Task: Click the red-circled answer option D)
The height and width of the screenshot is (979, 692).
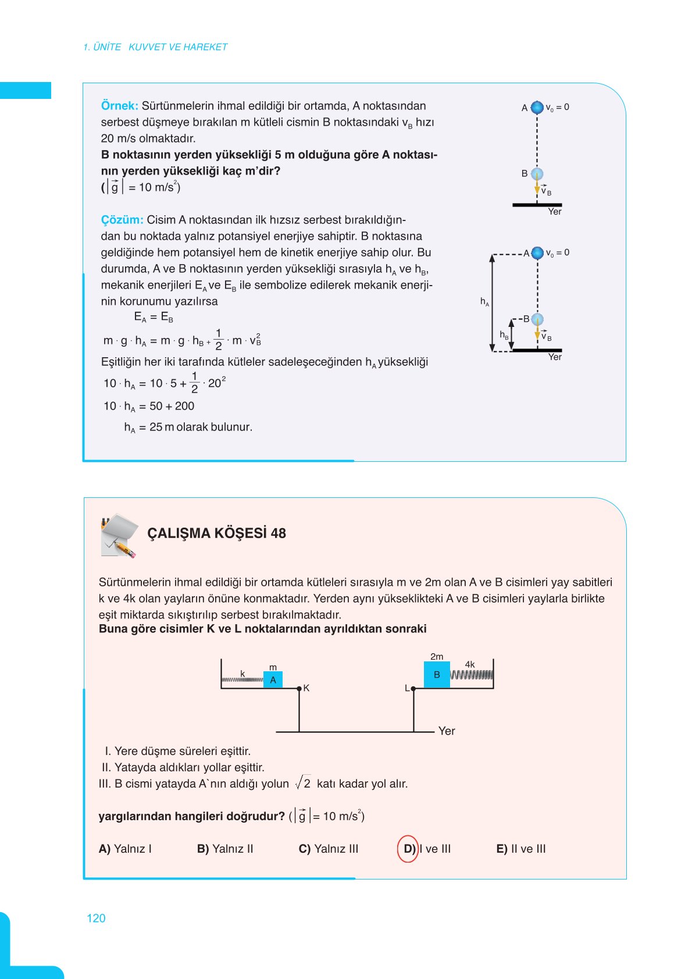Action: click(x=408, y=849)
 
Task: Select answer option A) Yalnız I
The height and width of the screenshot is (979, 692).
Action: click(x=125, y=849)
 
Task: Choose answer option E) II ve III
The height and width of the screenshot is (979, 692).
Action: click(x=520, y=849)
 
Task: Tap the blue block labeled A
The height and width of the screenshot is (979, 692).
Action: click(x=273, y=679)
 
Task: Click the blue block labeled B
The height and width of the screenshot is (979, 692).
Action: click(x=437, y=675)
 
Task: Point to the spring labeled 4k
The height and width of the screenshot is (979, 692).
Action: click(x=472, y=675)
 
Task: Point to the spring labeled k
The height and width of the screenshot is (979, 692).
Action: click(x=242, y=679)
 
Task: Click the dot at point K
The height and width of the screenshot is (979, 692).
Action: click(x=299, y=689)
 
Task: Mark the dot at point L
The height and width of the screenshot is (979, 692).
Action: click(x=413, y=689)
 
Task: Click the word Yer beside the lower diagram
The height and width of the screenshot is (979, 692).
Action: click(x=447, y=731)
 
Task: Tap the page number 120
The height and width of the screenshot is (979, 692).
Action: click(x=96, y=918)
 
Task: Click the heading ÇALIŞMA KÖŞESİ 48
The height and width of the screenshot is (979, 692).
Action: click(x=216, y=533)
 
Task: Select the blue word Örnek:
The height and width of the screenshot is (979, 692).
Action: click(x=119, y=106)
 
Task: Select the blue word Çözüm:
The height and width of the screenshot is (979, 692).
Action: click(x=122, y=220)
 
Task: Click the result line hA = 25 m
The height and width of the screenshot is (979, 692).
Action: click(x=188, y=427)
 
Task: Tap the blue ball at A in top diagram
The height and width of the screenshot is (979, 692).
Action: click(x=537, y=107)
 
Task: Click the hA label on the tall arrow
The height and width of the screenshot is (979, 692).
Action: click(x=484, y=301)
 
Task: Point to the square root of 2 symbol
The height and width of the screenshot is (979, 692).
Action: click(x=303, y=783)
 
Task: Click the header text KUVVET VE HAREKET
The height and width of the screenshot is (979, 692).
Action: click(x=178, y=47)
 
